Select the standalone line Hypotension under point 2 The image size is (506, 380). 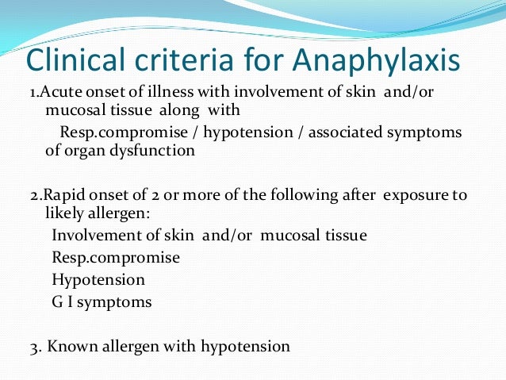click(98, 280)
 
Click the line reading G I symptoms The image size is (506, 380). click(102, 302)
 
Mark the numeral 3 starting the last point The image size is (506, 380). click(31, 347)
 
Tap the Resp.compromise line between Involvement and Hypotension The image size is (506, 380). click(116, 258)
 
